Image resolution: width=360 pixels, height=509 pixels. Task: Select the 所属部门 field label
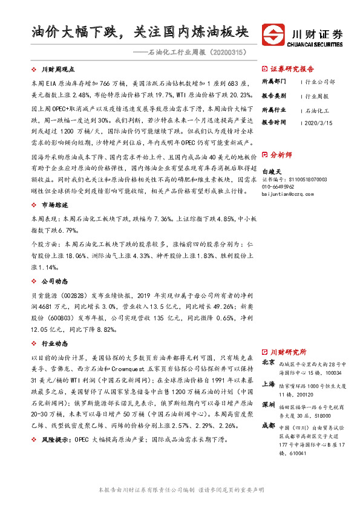point(273,81)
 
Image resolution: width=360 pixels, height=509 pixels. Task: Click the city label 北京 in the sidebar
point(268,363)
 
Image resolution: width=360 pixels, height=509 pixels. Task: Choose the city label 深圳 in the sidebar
point(268,403)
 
